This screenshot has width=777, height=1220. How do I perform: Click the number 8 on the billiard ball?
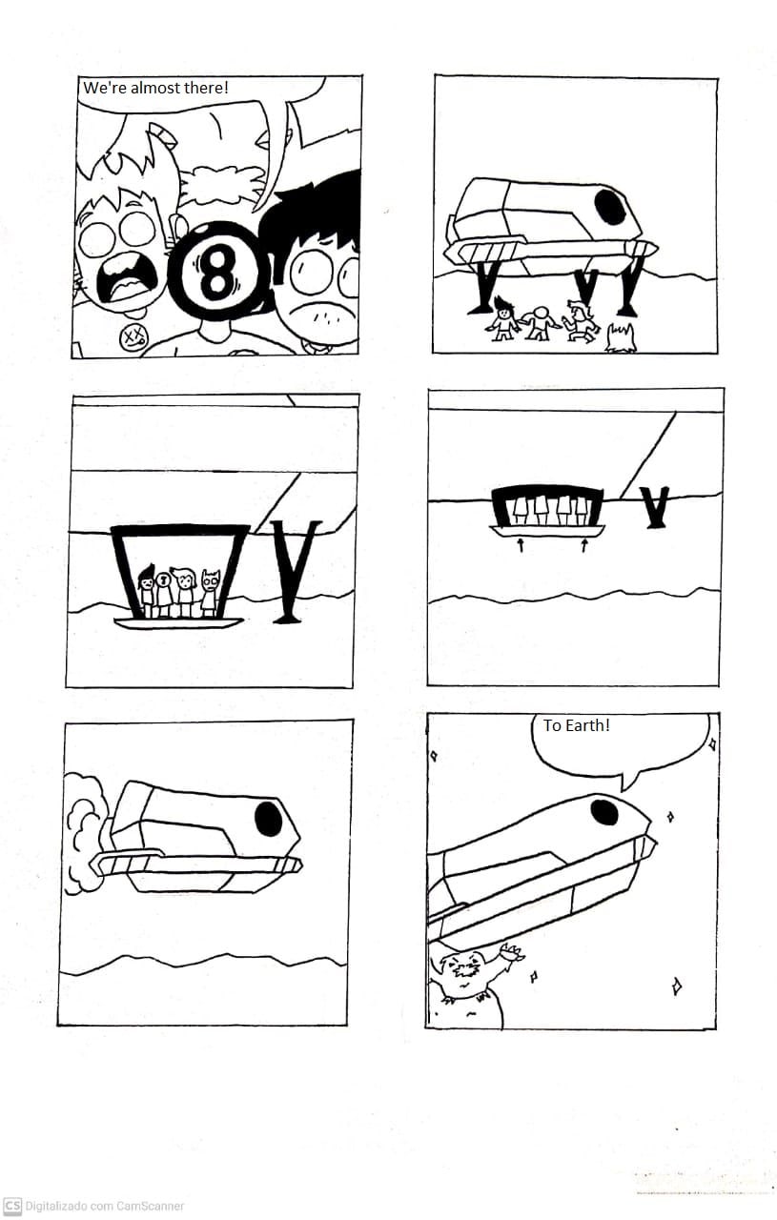coord(217,272)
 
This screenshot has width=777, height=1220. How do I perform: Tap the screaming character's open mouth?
coord(128,280)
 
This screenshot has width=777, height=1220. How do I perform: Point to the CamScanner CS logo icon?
coord(12,1207)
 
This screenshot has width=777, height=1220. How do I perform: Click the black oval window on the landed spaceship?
coord(610,206)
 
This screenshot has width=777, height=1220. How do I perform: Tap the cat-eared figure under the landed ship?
coord(621,337)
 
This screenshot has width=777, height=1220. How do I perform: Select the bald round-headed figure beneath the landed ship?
coord(540,323)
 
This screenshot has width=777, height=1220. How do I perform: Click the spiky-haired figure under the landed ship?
coord(503,318)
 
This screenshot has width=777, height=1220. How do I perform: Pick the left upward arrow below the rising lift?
coord(521,544)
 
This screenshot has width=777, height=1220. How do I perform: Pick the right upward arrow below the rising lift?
coord(584,544)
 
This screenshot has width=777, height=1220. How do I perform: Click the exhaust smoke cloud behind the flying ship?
coord(87,834)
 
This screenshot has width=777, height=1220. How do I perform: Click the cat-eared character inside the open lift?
coord(211,593)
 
